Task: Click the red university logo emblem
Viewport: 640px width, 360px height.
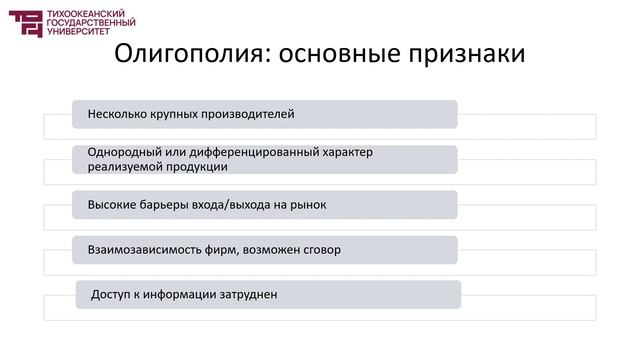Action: click(x=26, y=23)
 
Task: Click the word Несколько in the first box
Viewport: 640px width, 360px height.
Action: click(x=117, y=114)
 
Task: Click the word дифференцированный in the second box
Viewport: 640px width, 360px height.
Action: click(x=247, y=153)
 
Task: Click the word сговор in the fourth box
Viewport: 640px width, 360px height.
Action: click(x=320, y=249)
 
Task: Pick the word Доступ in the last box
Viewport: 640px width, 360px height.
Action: click(x=111, y=295)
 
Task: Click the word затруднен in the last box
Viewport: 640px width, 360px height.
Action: click(x=248, y=295)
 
